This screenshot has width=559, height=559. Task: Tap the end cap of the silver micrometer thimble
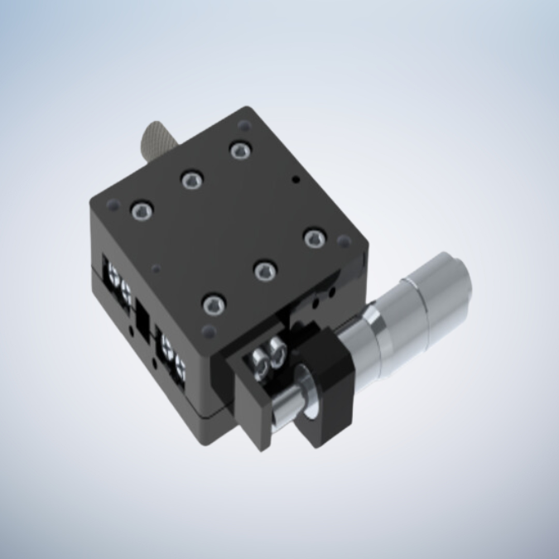454,285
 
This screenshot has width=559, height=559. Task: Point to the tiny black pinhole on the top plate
293,177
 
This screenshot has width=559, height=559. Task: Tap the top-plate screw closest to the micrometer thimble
312,239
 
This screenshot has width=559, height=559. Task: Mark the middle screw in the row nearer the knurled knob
190,179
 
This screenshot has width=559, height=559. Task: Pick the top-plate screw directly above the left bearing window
139,211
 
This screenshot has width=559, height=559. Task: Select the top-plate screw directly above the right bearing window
214,305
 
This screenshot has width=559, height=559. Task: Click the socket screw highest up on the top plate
240,150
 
